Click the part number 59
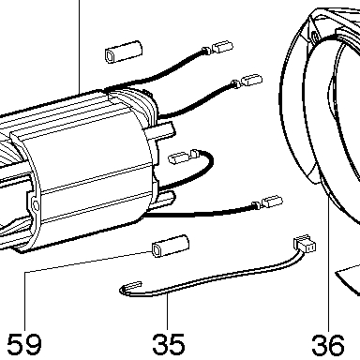click(x=23, y=344)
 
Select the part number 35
click(x=169, y=344)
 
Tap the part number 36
click(x=328, y=345)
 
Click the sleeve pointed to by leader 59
click(x=171, y=247)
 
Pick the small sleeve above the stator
click(x=124, y=52)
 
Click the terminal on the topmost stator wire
click(x=222, y=47)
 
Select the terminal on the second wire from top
click(x=252, y=81)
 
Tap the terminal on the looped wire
click(x=178, y=157)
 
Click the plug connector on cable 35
click(x=305, y=245)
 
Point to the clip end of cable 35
click(x=130, y=287)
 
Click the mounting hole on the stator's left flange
click(x=36, y=205)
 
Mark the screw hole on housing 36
click(x=315, y=37)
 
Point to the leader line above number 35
click(x=168, y=311)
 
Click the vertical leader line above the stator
click(x=79, y=46)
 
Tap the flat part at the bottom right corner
click(x=349, y=278)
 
